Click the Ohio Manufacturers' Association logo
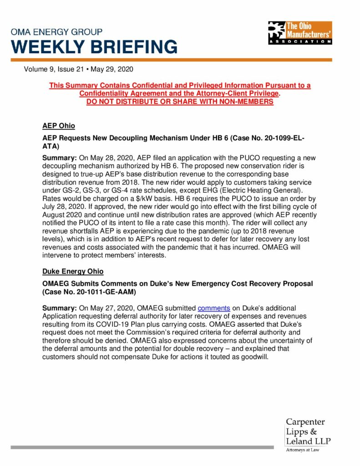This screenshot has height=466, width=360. pyautogui.click(x=300, y=32)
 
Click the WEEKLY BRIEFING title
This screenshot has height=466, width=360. pyautogui.click(x=94, y=47)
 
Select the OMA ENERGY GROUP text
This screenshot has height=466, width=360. pyautogui.click(x=57, y=32)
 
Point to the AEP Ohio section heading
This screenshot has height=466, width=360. pyautogui.click(x=58, y=126)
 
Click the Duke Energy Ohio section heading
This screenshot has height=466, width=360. pyautogui.click(x=73, y=271)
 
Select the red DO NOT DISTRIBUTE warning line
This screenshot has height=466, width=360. pyautogui.click(x=180, y=101)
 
